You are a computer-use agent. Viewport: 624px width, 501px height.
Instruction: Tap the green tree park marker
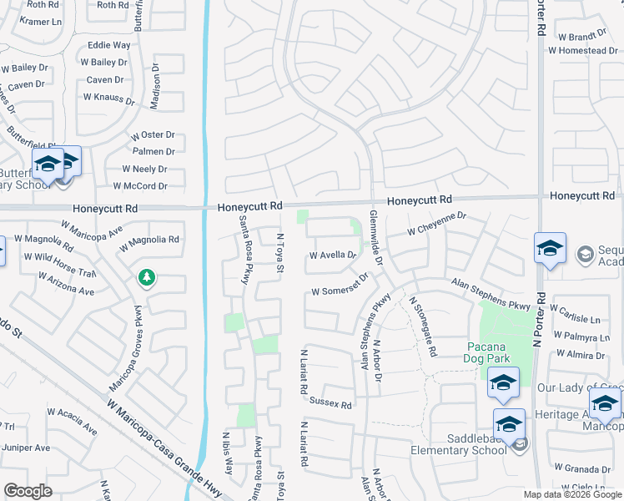pos(147,277)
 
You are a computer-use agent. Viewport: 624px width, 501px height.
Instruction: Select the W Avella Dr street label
pos(333,256)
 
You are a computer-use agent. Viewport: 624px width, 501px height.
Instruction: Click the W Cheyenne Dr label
pos(435,223)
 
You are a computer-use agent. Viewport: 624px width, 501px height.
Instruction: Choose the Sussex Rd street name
pos(330,403)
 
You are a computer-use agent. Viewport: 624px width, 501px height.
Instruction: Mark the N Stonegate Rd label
pos(422,326)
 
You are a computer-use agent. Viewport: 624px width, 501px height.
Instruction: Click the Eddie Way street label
pos(108,45)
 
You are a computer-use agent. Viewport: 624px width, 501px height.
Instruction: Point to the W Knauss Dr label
pos(108,98)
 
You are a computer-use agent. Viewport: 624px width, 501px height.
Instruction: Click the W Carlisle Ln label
pos(575,320)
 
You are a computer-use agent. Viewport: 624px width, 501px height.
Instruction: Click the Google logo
pos(28,491)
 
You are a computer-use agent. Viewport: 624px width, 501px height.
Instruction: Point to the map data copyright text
pos(572,494)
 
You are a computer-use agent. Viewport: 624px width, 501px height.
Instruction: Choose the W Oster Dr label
pos(152,134)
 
